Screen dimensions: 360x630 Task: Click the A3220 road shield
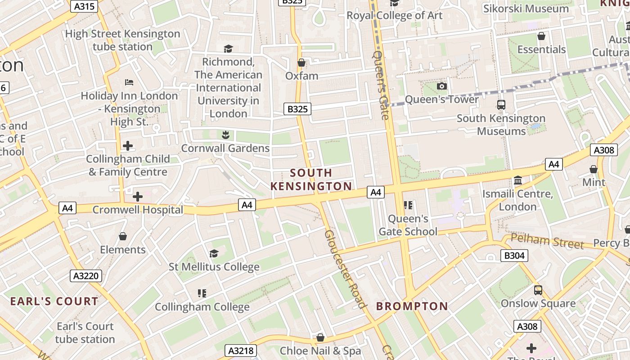click(x=86, y=276)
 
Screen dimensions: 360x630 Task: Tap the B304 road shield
click(x=514, y=256)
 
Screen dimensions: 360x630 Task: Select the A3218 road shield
click(x=241, y=351)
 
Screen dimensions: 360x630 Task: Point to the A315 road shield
click(x=84, y=6)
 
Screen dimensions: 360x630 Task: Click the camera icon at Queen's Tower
click(x=442, y=86)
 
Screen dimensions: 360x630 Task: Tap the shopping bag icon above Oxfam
click(x=301, y=63)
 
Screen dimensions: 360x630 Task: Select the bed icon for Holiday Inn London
click(x=129, y=82)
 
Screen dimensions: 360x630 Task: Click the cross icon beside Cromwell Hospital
click(x=138, y=197)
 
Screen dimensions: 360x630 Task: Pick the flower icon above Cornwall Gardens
click(x=225, y=135)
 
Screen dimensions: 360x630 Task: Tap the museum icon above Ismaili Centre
click(x=517, y=180)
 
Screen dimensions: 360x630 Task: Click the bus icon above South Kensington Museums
click(x=501, y=105)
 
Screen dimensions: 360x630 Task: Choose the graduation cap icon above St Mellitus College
click(x=214, y=254)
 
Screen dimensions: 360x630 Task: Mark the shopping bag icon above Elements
click(x=123, y=236)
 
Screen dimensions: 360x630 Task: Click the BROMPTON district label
click(x=412, y=306)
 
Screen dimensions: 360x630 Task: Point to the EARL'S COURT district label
click(x=54, y=301)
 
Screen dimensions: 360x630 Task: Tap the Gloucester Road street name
click(x=344, y=269)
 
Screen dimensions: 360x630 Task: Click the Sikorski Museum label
click(x=526, y=9)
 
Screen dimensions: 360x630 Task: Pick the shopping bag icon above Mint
click(x=594, y=169)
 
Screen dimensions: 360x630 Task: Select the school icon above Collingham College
click(x=202, y=293)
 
